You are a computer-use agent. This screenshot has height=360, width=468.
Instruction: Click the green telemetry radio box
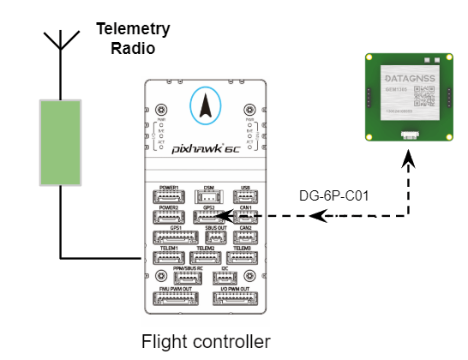pyautogui.click(x=60, y=141)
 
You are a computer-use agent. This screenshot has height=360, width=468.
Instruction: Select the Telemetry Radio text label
pyautogui.click(x=132, y=39)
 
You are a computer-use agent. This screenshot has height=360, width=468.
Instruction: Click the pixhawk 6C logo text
pyautogui.click(x=206, y=147)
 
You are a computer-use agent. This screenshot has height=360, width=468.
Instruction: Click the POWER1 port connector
pyautogui.click(x=169, y=196)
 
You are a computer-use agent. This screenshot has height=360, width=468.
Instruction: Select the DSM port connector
pyautogui.click(x=208, y=196)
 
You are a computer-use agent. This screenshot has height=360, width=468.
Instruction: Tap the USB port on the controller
pyautogui.click(x=245, y=196)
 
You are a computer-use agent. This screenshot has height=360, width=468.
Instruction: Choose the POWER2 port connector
pyautogui.click(x=169, y=216)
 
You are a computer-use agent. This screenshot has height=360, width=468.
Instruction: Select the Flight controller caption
pyautogui.click(x=206, y=341)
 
